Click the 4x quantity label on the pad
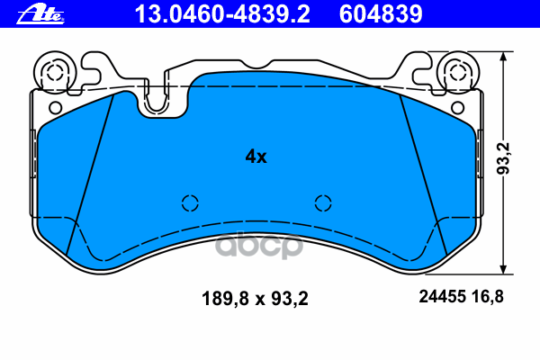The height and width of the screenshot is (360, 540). [x=256, y=156]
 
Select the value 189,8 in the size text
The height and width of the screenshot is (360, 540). [x=221, y=297]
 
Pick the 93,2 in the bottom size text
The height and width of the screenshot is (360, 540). [x=290, y=297]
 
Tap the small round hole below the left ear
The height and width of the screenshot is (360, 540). [x=56, y=107]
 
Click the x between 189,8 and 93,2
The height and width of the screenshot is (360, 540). [x=256, y=297]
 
